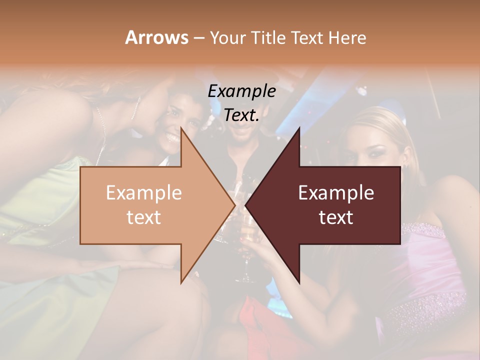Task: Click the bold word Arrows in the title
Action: point(156,37)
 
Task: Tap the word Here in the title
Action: point(347,37)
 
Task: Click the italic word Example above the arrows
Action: point(241,91)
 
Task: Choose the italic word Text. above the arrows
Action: point(241,115)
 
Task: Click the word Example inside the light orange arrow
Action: point(143,192)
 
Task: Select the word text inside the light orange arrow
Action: point(143,217)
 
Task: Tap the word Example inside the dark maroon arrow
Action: point(336,192)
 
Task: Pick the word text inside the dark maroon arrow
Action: point(336,217)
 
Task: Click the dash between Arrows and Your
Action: point(198,38)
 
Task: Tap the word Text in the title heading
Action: point(306,37)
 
